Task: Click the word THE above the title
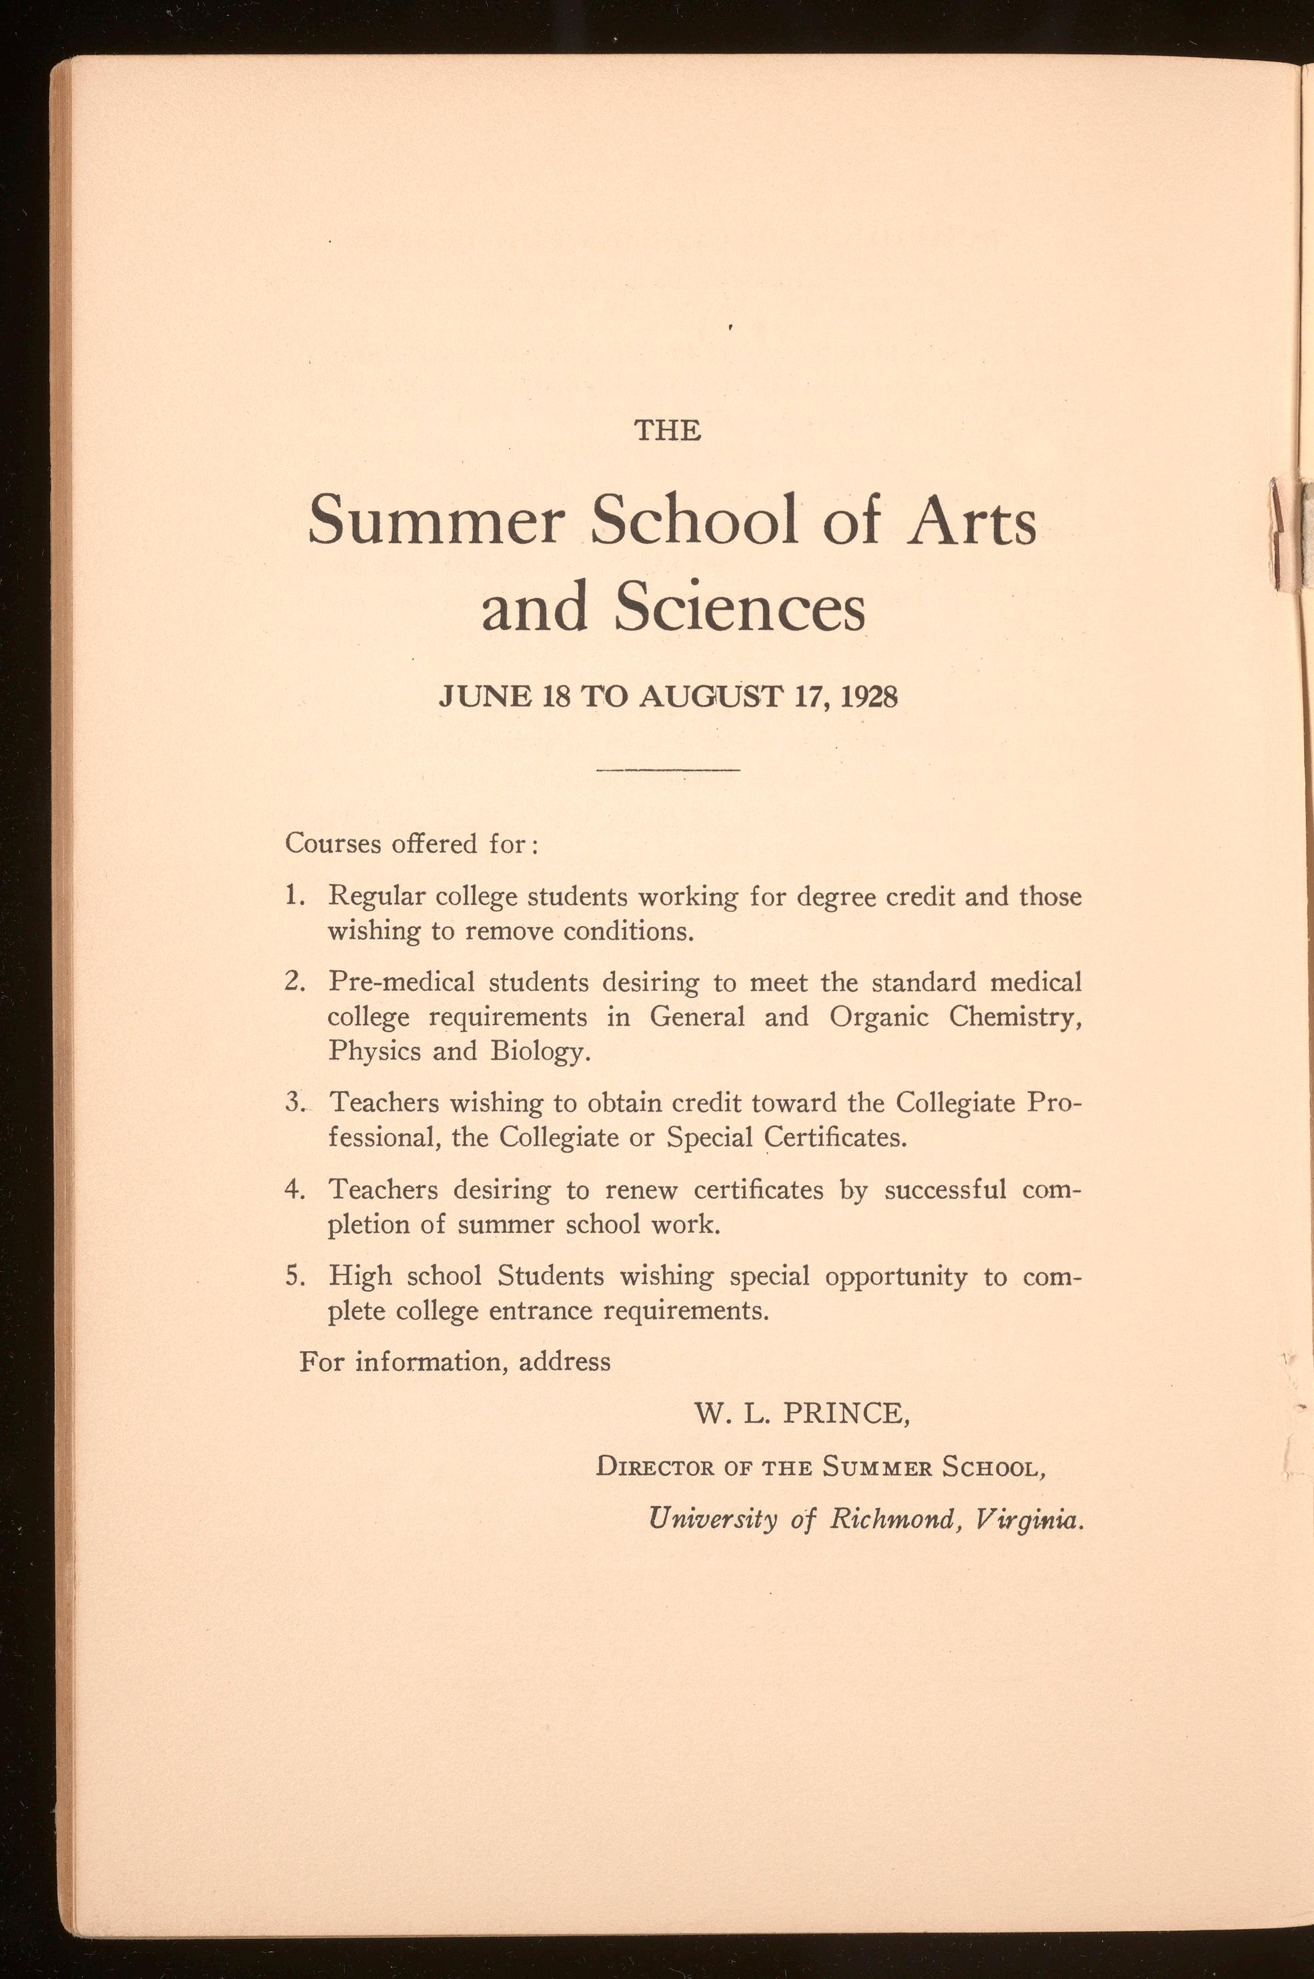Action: (667, 431)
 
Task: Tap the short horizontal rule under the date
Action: (668, 769)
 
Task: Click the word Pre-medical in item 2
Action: (402, 981)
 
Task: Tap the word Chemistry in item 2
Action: (1015, 1017)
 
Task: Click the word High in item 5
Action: (359, 1276)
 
